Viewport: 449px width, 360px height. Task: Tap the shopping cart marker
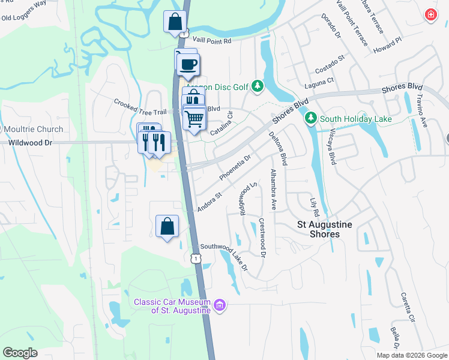pyautogui.click(x=194, y=119)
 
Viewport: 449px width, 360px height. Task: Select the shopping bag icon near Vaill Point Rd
pyautogui.click(x=174, y=22)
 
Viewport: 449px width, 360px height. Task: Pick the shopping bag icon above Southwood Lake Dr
pyautogui.click(x=167, y=227)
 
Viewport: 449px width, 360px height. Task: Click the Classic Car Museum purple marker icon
pyautogui.click(x=220, y=306)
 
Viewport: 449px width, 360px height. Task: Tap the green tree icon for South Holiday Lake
pyautogui.click(x=310, y=118)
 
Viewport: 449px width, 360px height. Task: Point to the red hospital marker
pyautogui.click(x=430, y=15)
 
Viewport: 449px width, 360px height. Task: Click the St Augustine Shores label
pyautogui.click(x=327, y=229)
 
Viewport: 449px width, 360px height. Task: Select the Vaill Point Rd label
pyautogui.click(x=211, y=41)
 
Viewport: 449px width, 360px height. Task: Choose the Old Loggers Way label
pyautogui.click(x=24, y=12)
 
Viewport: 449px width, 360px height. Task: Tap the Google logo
pyautogui.click(x=20, y=352)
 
